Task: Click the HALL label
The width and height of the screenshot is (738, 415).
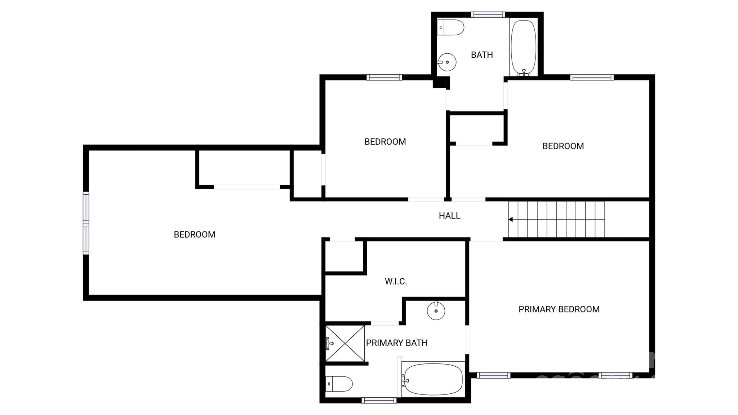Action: pos(449,216)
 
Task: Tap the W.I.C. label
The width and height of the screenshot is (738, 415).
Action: pos(396,282)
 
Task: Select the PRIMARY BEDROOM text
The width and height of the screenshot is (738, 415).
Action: pos(559,309)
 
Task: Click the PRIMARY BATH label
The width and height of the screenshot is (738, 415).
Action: pos(397,343)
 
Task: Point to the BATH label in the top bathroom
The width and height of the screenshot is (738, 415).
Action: pos(482,55)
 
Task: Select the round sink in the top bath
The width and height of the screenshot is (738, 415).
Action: pos(447,62)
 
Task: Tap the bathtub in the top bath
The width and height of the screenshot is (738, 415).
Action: pos(523,47)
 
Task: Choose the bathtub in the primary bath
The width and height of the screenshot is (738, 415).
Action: pos(433,379)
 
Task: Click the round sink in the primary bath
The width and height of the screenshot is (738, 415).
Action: pos(436,310)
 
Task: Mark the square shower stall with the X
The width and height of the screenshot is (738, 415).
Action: pos(345,343)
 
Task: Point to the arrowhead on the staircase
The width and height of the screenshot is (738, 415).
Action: pos(511,219)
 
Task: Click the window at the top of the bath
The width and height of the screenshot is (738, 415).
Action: pos(488,15)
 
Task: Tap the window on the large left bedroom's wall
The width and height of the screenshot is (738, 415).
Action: pos(86,223)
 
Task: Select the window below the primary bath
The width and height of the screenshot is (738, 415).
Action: pos(379,400)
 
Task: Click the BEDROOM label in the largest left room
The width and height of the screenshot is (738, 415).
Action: pos(195,235)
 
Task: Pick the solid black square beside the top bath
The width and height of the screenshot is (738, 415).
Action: pos(440,83)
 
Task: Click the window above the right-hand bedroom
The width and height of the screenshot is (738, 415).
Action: pos(592,77)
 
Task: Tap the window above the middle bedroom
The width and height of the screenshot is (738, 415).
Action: pos(384,77)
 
